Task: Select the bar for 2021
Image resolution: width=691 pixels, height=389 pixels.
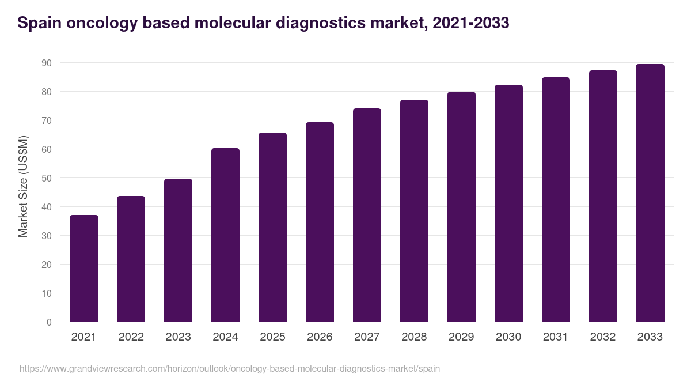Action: pos(84,269)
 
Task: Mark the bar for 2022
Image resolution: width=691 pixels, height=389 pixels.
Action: pos(131,259)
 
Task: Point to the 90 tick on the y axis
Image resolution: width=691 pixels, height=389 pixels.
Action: pos(46,63)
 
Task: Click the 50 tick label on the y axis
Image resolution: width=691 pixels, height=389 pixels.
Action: pos(46,178)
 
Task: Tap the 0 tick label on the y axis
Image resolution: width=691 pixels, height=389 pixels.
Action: pos(49,322)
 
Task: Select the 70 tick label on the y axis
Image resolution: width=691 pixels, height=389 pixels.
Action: pos(46,120)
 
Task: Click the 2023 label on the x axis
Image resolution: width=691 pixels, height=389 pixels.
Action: pos(179,337)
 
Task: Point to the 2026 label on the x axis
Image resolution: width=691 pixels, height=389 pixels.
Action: pos(320,337)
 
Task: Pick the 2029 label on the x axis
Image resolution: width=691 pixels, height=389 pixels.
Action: pos(461,337)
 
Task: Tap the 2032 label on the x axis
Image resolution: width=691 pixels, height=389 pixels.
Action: pos(603,337)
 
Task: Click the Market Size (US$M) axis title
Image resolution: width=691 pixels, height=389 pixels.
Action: pos(23,186)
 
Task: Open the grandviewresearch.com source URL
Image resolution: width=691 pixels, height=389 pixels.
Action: pos(230,368)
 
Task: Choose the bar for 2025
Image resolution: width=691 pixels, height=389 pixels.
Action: pos(273,227)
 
